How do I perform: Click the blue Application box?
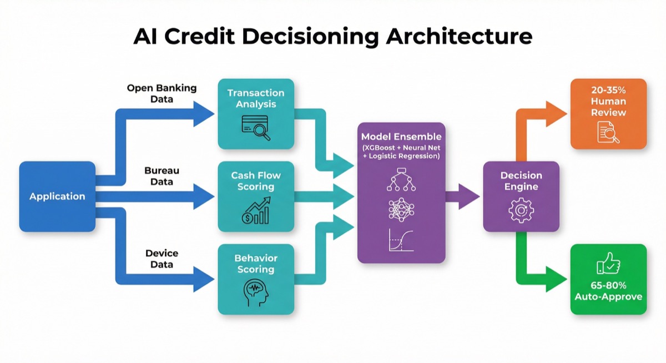pos(57,196)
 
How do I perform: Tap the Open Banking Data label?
pos(162,93)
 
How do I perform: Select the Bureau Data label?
pos(162,176)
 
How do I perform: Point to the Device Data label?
pos(162,259)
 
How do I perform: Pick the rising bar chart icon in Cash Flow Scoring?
pos(255,211)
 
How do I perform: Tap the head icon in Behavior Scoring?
pos(255,293)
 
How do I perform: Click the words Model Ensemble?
pos(401,137)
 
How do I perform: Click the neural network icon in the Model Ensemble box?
pos(401,210)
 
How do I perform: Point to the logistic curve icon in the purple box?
pos(401,240)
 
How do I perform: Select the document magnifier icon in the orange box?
pos(608,133)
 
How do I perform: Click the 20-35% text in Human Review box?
pos(609,89)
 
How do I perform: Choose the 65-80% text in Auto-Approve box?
pos(608,285)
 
